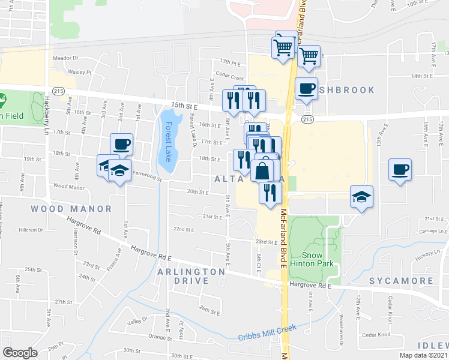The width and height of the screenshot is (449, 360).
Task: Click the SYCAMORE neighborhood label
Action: coord(401,281)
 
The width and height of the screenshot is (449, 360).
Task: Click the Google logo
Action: coord(20,353)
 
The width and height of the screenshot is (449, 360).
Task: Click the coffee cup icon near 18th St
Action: coord(121,144)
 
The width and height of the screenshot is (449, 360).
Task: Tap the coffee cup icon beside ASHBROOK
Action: coord(306,88)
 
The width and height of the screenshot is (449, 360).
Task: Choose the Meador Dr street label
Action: coord(66,58)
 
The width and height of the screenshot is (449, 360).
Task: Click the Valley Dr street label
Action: coord(137,322)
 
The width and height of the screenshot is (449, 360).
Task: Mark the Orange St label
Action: coord(160,338)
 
